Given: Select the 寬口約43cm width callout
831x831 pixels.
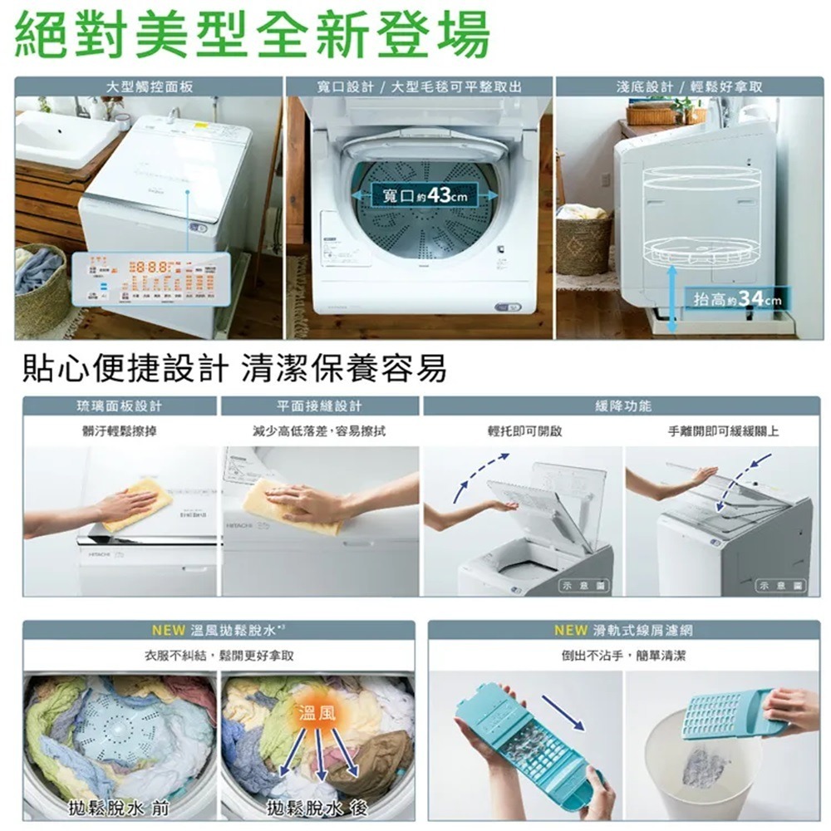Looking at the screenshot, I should coord(425,195).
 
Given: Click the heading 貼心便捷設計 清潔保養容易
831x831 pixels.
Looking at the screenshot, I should coord(234,368).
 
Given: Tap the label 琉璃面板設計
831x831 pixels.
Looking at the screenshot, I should coord(120,406).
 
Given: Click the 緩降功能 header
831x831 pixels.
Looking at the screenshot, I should coord(623,406).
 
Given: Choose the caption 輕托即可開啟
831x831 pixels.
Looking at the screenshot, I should coord(524,431).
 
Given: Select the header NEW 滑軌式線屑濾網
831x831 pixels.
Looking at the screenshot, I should coord(623,630).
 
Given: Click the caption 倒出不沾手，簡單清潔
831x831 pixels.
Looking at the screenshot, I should coord(623,656).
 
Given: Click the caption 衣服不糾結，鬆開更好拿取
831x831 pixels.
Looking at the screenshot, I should coord(218,656).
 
